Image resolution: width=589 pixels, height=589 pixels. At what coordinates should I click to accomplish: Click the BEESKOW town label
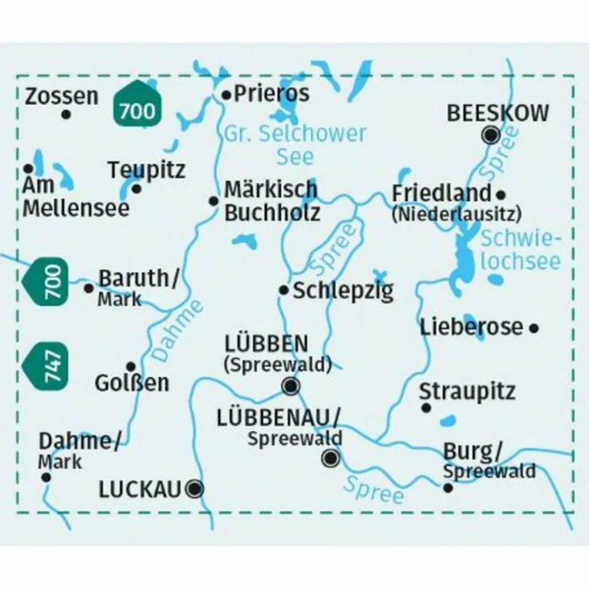click(498, 113)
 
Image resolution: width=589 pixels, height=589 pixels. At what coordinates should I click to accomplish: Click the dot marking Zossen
click(66, 113)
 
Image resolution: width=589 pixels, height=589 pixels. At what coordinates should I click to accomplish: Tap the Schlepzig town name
click(343, 292)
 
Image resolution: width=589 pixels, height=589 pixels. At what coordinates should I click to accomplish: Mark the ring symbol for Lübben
click(291, 386)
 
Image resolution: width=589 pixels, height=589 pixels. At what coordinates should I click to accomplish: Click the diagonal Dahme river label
click(178, 330)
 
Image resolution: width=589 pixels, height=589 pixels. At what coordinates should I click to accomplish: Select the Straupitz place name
click(467, 391)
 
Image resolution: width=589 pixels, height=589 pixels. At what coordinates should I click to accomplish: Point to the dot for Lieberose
click(535, 327)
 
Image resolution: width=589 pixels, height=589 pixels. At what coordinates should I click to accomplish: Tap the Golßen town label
click(132, 383)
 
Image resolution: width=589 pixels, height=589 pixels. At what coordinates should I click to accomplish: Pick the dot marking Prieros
click(226, 95)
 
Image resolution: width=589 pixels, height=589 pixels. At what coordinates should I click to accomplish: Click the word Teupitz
click(147, 170)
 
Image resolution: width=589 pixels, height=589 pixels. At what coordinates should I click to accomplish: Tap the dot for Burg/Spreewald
click(448, 488)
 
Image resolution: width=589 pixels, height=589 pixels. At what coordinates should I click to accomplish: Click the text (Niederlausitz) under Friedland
click(456, 214)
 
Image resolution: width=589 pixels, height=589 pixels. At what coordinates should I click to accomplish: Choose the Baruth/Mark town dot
click(89, 289)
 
